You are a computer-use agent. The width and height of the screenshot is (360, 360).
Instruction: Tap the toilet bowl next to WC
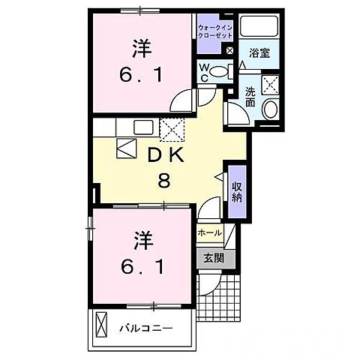[219, 73]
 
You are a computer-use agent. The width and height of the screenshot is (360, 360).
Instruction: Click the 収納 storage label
[237, 192]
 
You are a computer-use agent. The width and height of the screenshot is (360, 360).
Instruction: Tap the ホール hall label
[209, 233]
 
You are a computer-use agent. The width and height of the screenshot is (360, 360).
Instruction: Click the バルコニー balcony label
[147, 328]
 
